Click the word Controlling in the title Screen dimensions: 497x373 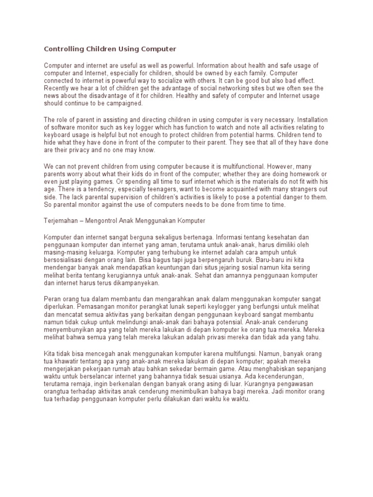(x=63, y=49)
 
